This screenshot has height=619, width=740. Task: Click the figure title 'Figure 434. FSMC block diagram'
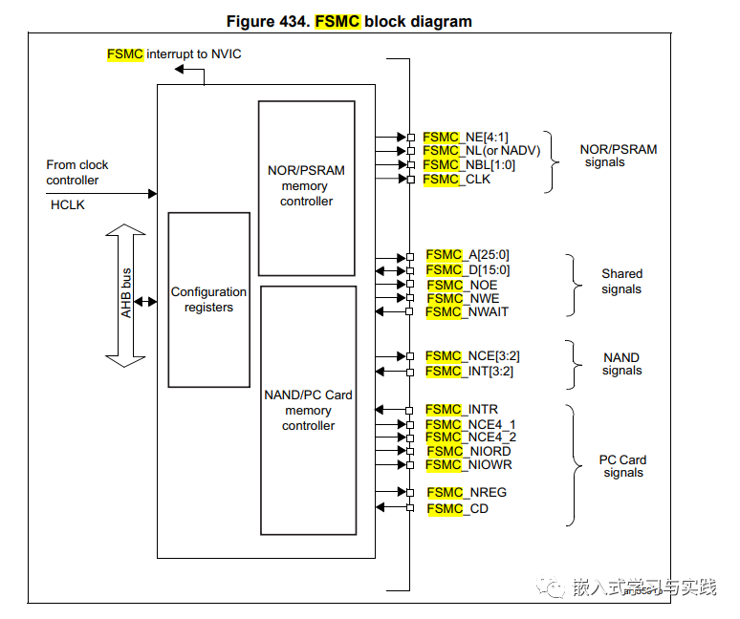pyautogui.click(x=349, y=21)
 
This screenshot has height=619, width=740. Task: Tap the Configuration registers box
pyautogui.click(x=208, y=299)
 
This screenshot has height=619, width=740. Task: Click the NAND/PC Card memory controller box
pyautogui.click(x=308, y=410)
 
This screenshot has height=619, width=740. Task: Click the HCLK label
pyautogui.click(x=68, y=204)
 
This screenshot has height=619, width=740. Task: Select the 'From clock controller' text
pyautogui.click(x=76, y=172)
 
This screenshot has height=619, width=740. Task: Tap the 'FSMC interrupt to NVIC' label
pyautogui.click(x=174, y=54)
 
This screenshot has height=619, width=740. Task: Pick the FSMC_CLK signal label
pyautogui.click(x=456, y=179)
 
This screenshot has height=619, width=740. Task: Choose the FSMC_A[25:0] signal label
pyautogui.click(x=468, y=255)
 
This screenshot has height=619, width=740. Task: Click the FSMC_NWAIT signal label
pyautogui.click(x=467, y=311)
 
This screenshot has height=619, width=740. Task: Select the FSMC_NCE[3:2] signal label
pyautogui.click(x=472, y=355)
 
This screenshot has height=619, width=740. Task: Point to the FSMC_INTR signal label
pyautogui.click(x=462, y=410)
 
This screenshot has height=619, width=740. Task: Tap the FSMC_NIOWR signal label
pyautogui.click(x=468, y=465)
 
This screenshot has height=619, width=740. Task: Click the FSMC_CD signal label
pyautogui.click(x=457, y=508)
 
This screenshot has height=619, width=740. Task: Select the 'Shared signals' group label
pyautogui.click(x=621, y=282)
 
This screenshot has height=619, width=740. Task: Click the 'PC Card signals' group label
pyautogui.click(x=622, y=466)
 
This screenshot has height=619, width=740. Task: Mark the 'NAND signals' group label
pyautogui.click(x=621, y=364)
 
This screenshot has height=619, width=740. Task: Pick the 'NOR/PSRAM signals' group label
pyautogui.click(x=618, y=156)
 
